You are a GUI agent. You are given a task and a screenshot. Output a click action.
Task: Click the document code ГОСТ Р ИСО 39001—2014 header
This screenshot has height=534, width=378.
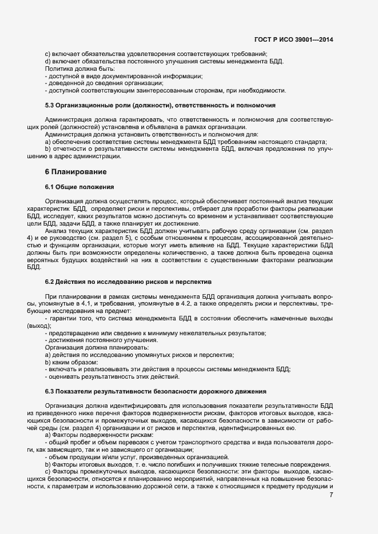point(293,40)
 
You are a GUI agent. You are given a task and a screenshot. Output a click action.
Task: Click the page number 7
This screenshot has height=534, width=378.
point(331,495)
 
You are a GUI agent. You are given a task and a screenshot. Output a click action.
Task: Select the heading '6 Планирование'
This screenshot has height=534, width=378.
point(78,172)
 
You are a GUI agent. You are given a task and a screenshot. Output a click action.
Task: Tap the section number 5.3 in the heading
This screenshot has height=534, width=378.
point(50,105)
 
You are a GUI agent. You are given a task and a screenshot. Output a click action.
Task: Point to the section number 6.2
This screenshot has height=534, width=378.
point(50,282)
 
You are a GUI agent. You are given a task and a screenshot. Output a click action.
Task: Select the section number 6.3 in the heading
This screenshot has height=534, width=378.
point(50,391)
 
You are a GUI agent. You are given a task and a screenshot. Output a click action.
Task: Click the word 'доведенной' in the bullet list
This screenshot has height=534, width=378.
point(66,83)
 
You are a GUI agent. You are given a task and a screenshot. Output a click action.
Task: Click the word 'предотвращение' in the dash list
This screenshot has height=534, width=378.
point(73,332)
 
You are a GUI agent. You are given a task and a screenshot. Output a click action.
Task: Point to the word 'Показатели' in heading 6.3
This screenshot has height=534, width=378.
point(77,391)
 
